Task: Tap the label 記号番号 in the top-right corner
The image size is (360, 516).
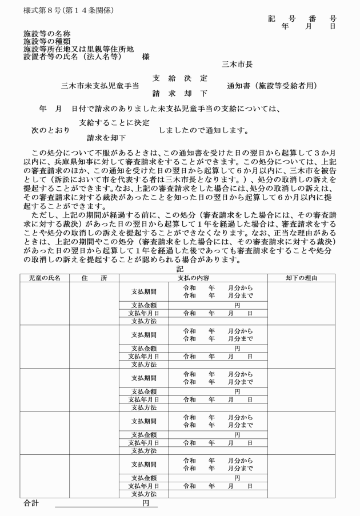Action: [x=302, y=19]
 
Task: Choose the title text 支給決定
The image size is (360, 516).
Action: [x=180, y=78]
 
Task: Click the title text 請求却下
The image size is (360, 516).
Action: [x=180, y=93]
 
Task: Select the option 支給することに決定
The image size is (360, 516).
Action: [x=114, y=122]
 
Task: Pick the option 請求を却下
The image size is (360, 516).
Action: [x=106, y=138]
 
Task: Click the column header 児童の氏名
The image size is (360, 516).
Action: [x=45, y=278]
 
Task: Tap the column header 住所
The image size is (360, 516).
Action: [x=94, y=278]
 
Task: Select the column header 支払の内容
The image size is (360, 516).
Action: [x=193, y=278]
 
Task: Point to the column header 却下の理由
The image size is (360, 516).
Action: [x=302, y=278]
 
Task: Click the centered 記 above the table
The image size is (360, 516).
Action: [x=181, y=269]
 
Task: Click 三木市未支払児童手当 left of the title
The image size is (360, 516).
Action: [x=100, y=86]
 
